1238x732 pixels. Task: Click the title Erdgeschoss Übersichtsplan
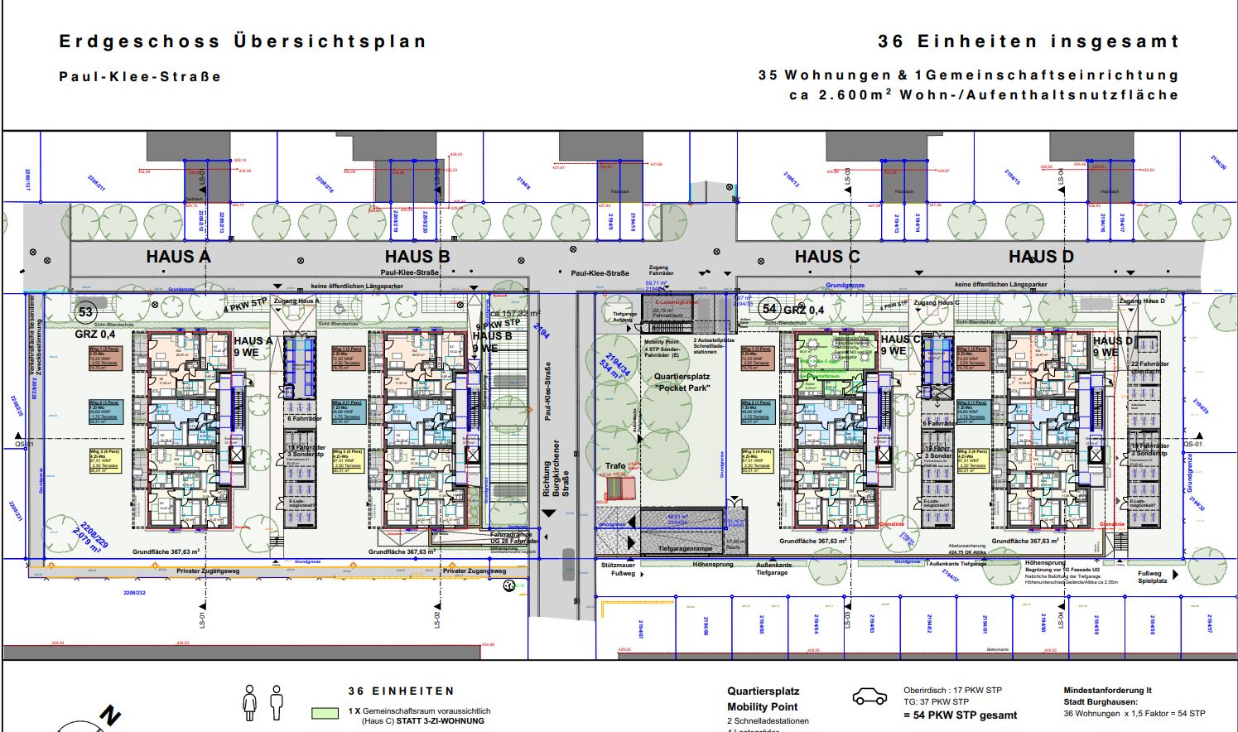point(243,41)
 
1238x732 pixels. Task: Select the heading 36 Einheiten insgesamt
point(1028,41)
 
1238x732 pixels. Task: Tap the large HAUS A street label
point(178,257)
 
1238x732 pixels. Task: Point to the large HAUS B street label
point(417,257)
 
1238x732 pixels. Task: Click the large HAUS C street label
point(827,257)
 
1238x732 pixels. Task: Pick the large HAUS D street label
point(1041,257)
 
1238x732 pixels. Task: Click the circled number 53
point(85,312)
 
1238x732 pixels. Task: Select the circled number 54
point(769,309)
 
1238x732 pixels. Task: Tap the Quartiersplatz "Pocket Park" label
point(682,382)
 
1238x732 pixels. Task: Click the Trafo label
point(614,466)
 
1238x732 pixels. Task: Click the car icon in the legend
point(869,697)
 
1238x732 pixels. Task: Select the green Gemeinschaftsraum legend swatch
point(325,712)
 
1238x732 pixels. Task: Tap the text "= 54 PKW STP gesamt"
point(960,715)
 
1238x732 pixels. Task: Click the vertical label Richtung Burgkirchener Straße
point(556,468)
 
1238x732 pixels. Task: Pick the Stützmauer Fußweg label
point(618,569)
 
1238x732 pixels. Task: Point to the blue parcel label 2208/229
point(94,535)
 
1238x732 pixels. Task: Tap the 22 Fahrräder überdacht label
point(1149,368)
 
